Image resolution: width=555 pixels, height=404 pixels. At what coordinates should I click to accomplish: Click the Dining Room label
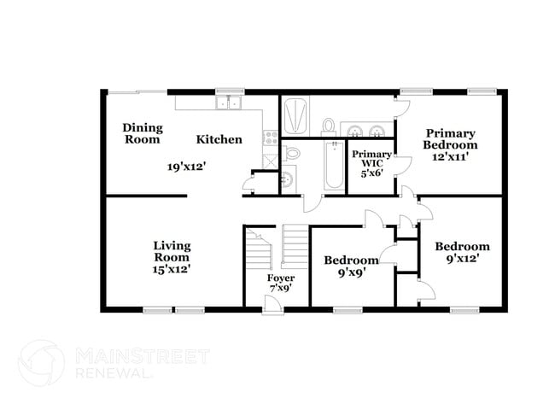[x=141, y=132]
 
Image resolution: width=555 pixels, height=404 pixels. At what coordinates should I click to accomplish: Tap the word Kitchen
[x=219, y=139]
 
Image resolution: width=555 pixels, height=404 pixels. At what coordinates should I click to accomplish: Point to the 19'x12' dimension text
[x=186, y=167]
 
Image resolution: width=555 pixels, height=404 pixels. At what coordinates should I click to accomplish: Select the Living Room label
[x=172, y=251]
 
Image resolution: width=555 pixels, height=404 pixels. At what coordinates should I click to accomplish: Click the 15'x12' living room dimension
[x=172, y=268]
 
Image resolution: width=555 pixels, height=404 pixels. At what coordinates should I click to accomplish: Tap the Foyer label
[x=280, y=278]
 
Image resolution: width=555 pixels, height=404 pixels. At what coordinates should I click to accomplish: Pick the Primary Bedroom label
[x=451, y=139]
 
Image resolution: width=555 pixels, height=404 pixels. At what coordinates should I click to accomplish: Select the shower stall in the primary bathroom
[x=295, y=115]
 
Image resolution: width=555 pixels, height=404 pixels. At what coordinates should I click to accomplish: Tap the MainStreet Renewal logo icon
[x=41, y=365]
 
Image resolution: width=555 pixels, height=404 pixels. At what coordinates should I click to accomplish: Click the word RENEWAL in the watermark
[x=111, y=374]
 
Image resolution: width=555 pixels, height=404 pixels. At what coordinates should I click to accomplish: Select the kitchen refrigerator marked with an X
[x=270, y=159]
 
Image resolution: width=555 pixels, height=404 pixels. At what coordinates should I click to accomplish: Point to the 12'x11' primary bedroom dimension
[x=451, y=157]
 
